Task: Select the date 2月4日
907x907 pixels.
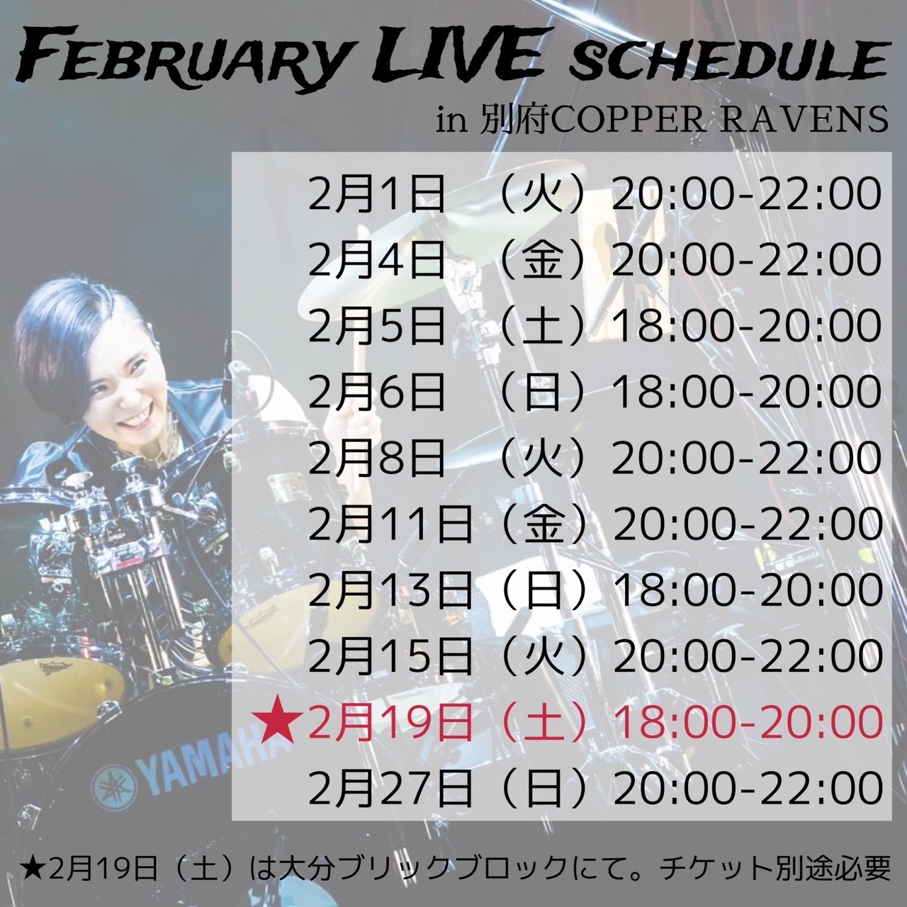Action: click(376, 260)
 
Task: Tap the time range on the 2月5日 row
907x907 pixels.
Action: click(748, 326)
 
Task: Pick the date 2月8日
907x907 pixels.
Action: click(376, 458)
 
